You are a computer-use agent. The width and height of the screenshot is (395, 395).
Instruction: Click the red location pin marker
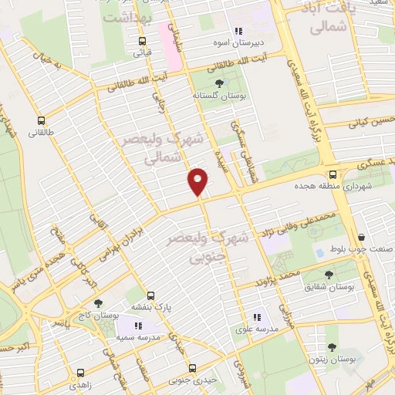pos(198,182)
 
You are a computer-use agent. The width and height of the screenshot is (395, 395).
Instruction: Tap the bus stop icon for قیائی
pos(142,42)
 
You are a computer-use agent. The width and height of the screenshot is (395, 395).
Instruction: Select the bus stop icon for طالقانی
pos(41,120)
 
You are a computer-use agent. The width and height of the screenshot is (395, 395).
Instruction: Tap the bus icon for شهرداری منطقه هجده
pos(333,174)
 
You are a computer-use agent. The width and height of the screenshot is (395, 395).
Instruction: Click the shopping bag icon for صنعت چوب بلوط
pos(360,238)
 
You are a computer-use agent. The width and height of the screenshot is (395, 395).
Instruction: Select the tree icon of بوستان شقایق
pos(329,275)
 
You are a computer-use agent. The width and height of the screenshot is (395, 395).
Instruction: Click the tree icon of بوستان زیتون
pos(332,349)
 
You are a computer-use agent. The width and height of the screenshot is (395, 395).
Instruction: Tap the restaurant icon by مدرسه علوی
pos(258,316)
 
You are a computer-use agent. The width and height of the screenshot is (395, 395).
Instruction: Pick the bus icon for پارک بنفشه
pos(150,295)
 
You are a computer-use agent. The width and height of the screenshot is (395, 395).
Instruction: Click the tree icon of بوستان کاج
pos(97,303)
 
